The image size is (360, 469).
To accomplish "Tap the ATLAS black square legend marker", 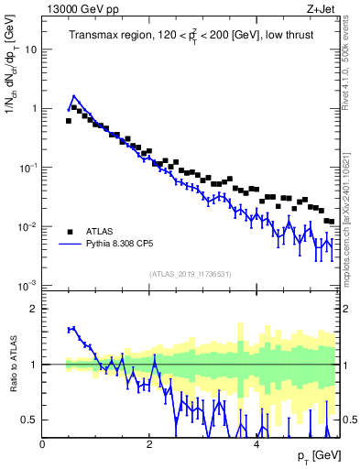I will pos(70,231).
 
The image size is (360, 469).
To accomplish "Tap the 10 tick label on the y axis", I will pos(29,49).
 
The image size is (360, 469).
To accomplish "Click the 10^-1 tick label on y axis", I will pos(27,167).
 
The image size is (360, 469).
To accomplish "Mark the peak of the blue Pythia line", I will pos(74,95).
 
